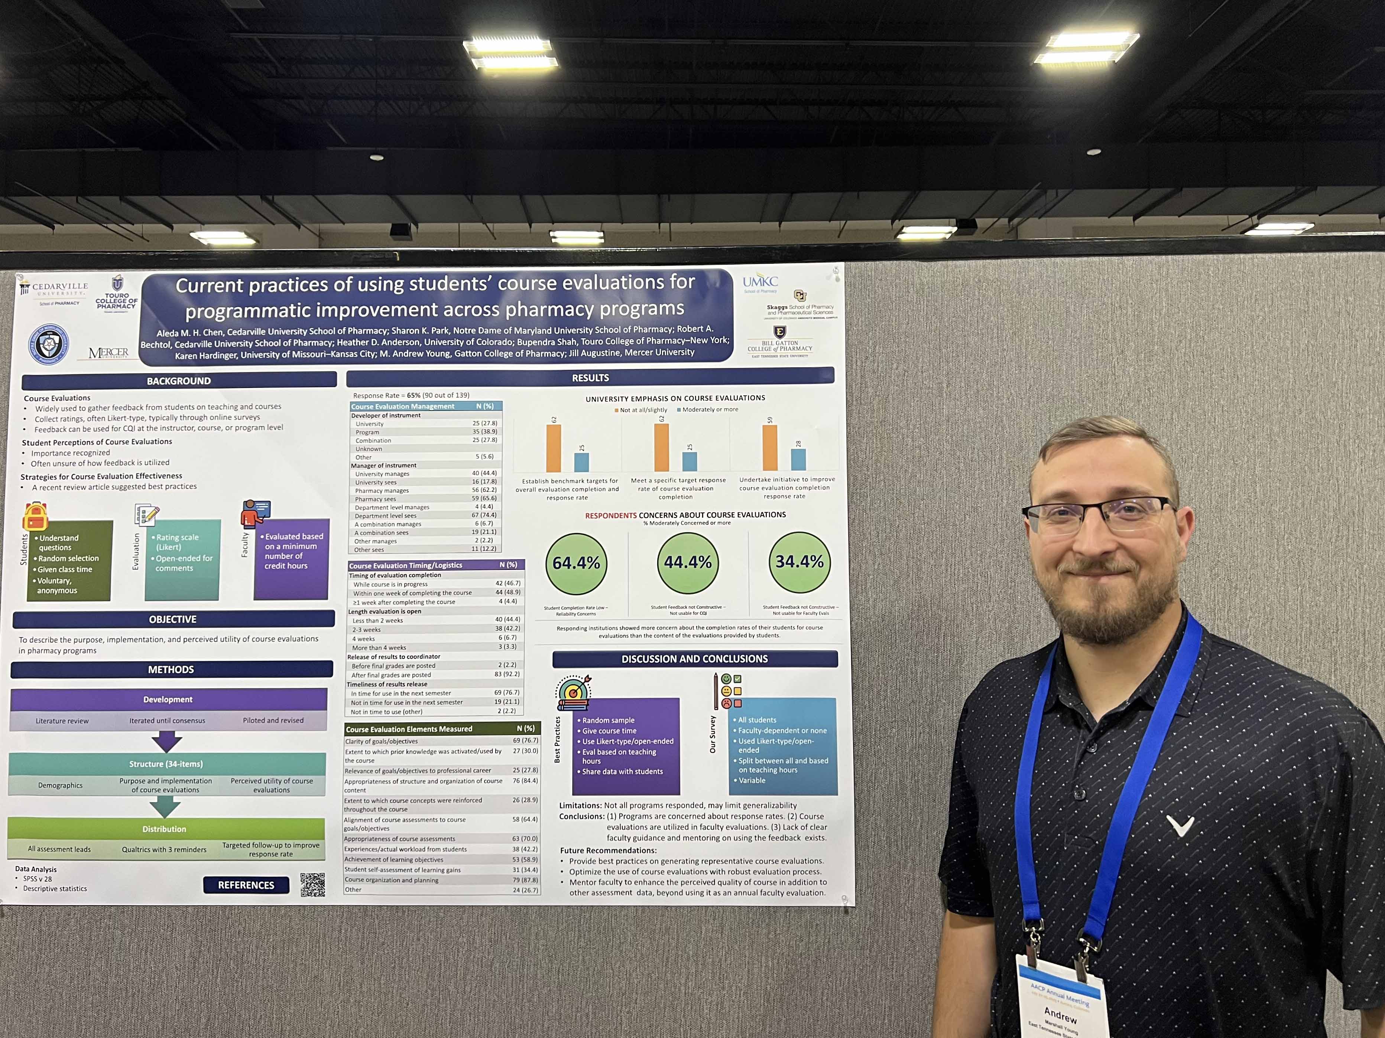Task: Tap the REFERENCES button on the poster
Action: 246,885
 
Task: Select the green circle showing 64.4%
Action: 576,563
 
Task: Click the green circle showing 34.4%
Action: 799,562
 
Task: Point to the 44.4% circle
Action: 688,562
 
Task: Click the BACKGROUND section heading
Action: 179,381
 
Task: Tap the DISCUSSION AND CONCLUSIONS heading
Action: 694,659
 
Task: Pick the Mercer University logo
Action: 108,353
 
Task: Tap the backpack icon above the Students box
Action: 36,517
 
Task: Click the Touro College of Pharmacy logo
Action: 116,294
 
